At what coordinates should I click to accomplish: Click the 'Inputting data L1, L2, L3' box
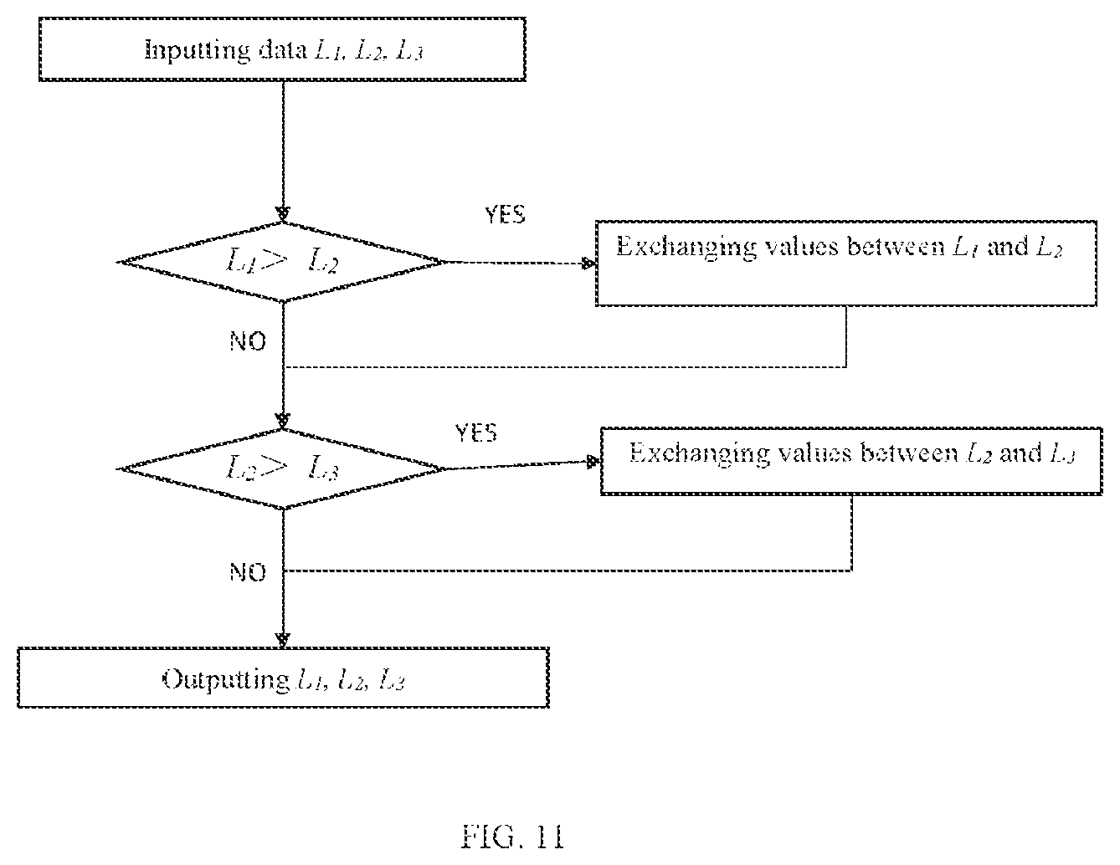click(282, 49)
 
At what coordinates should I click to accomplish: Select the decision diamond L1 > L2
click(282, 262)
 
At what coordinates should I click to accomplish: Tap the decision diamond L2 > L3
click(282, 469)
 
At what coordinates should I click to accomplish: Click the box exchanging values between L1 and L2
click(846, 264)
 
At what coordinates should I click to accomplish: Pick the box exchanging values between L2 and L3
click(851, 461)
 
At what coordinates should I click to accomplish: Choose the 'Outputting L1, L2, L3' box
click(284, 678)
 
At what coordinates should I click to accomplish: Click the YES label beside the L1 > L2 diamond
click(505, 215)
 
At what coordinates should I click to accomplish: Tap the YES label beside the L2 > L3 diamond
click(476, 433)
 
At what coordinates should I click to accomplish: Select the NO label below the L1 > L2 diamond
click(248, 341)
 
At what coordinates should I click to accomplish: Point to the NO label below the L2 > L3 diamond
click(248, 572)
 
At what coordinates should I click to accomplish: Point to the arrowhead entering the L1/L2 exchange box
click(588, 264)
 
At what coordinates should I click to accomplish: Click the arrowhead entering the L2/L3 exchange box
click(593, 462)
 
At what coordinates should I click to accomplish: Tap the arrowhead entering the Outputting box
click(283, 640)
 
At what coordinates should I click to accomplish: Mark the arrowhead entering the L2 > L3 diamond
click(283, 421)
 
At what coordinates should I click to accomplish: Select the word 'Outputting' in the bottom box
click(226, 680)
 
